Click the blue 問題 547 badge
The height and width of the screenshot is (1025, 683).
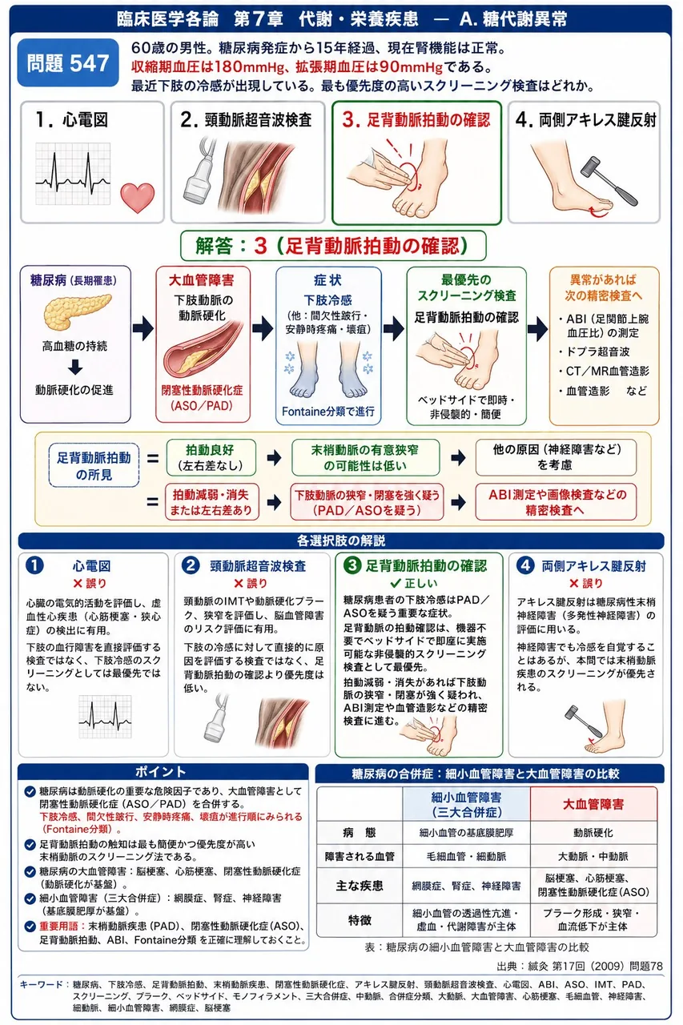pos(68,62)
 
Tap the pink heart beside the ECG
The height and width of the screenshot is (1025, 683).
pos(137,197)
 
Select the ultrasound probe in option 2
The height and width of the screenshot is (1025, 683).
pos(201,171)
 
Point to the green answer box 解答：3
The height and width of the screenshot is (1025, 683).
pos(333,246)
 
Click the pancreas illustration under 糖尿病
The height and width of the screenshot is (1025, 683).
pos(78,312)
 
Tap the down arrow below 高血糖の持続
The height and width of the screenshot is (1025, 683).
pos(75,368)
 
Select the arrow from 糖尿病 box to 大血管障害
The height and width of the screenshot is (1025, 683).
pos(143,328)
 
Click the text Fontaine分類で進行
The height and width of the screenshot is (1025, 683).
pos(328,412)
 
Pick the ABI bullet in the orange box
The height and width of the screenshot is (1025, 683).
pos(603,325)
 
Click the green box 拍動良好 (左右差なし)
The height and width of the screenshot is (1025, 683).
pos(211,457)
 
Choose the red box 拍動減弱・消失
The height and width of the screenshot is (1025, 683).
pos(211,502)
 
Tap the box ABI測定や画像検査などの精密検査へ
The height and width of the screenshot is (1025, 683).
pos(556,502)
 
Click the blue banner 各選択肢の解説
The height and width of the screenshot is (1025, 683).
pos(341,541)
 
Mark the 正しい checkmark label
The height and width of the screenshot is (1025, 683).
pos(413,583)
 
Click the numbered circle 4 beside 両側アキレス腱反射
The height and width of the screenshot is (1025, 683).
pos(525,565)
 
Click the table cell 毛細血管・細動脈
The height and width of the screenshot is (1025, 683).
pos(466,856)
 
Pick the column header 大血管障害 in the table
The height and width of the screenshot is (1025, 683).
pos(593,804)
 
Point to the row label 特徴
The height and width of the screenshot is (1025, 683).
pos(360,920)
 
